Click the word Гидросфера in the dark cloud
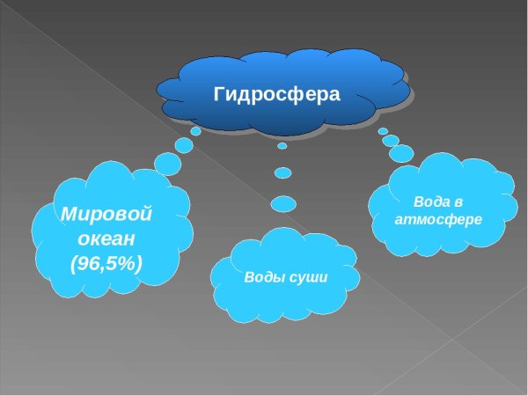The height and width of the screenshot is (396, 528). coord(276,93)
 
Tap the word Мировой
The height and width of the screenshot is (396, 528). coord(106,214)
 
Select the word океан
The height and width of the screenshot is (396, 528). coord(106,238)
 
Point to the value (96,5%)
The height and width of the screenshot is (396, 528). coord(106,261)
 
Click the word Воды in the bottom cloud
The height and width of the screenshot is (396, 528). coord(265,277)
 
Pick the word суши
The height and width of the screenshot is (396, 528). coord(308,277)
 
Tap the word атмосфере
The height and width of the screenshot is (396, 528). coord(439,218)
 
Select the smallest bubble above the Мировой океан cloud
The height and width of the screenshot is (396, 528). coord(195,131)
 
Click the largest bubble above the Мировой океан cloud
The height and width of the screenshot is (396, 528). coord(167,163)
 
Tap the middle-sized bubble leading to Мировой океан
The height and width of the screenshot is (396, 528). coord(184,144)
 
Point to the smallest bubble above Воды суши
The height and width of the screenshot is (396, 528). coord(282,146)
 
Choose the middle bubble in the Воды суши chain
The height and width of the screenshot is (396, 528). coord(282,172)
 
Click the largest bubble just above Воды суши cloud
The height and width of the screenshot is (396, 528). coord(283,203)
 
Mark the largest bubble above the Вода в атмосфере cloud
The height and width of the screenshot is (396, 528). coord(401,153)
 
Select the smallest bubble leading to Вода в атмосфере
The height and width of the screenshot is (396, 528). coord(383,131)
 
